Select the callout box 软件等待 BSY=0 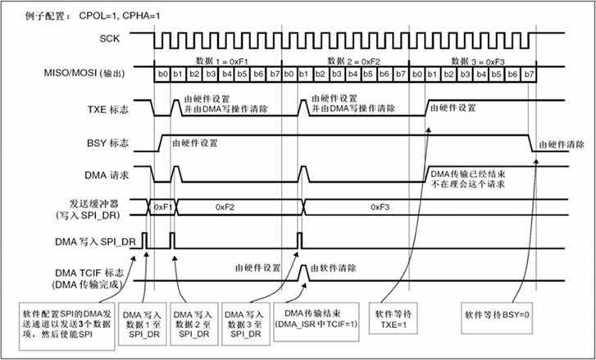click(494, 312)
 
